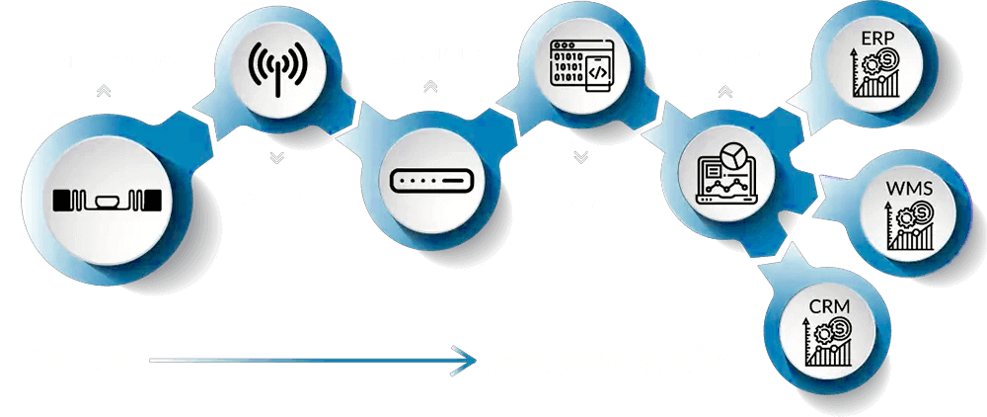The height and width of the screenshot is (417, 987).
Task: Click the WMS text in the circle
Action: [x=909, y=187]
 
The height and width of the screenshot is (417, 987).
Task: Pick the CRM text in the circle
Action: [x=829, y=308]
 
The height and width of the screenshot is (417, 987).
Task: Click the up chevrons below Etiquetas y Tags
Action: [x=105, y=91]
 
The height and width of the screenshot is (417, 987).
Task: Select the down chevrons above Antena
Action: [x=276, y=158]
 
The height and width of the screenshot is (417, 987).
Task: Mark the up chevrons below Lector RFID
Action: [x=429, y=87]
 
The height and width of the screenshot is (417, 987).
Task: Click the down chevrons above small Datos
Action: [x=581, y=157]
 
